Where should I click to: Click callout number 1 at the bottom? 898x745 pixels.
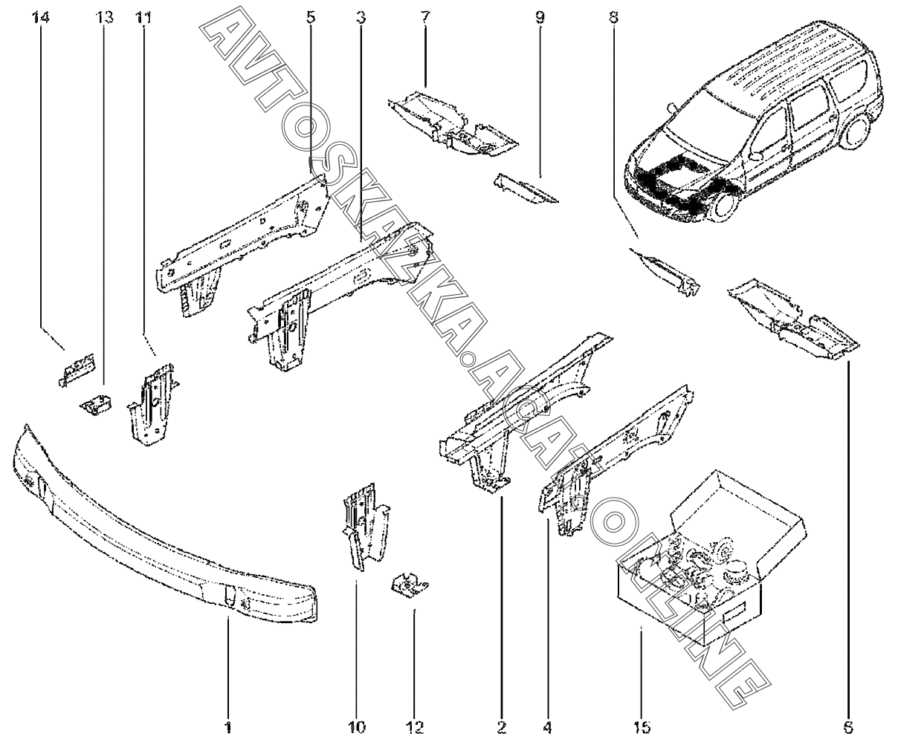pos(228,725)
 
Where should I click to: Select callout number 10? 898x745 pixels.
pos(356,725)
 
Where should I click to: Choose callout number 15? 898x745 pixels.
pos(640,725)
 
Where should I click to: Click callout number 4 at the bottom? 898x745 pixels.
pos(549,725)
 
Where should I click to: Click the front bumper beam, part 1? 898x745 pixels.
pos(164,535)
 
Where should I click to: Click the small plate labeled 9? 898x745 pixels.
pos(524,189)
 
